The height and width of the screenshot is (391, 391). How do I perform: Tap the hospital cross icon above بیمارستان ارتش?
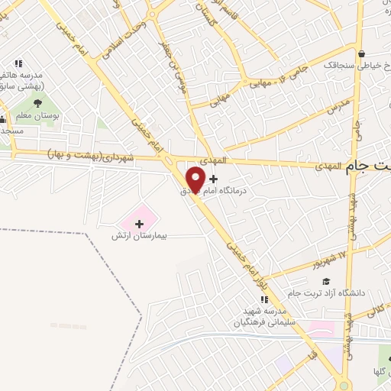[x=139, y=224]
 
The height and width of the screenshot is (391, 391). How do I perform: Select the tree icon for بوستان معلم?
[x=36, y=103]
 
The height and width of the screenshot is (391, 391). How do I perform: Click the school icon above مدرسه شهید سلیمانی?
[x=264, y=299]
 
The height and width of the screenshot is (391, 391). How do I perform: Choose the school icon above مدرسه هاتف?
[x=18, y=63]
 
